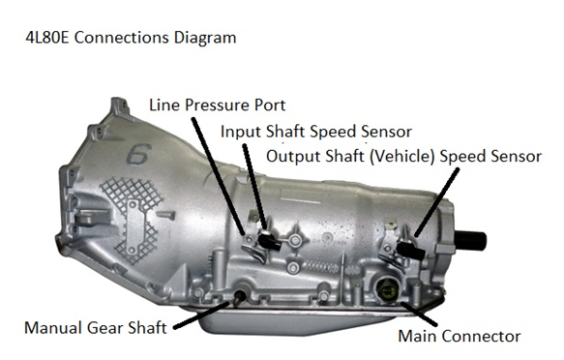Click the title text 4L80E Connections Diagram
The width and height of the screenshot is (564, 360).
tap(131, 38)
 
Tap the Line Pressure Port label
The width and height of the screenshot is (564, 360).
tap(218, 105)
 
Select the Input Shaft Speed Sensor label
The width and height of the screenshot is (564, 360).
tap(315, 132)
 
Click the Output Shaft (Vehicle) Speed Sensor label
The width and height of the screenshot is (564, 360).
tap(403, 156)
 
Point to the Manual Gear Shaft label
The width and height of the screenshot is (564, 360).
tap(96, 328)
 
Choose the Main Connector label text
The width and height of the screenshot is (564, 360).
tap(460, 336)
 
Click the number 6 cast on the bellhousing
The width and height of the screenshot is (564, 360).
tap(139, 154)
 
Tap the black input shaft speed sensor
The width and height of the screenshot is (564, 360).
tap(270, 241)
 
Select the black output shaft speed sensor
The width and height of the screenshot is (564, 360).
tap(411, 250)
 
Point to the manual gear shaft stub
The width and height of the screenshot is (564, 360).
tap(239, 296)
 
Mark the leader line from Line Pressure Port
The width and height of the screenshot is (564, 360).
tap(219, 176)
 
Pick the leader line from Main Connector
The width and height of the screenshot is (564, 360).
tap(419, 315)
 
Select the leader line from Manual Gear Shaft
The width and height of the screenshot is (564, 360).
tap(201, 315)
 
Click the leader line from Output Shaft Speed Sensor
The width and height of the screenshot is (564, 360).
tap(436, 202)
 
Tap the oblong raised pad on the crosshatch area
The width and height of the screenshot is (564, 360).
tap(134, 226)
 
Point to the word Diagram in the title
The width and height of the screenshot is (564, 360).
tap(205, 38)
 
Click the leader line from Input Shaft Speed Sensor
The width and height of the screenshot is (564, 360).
tap(255, 187)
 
